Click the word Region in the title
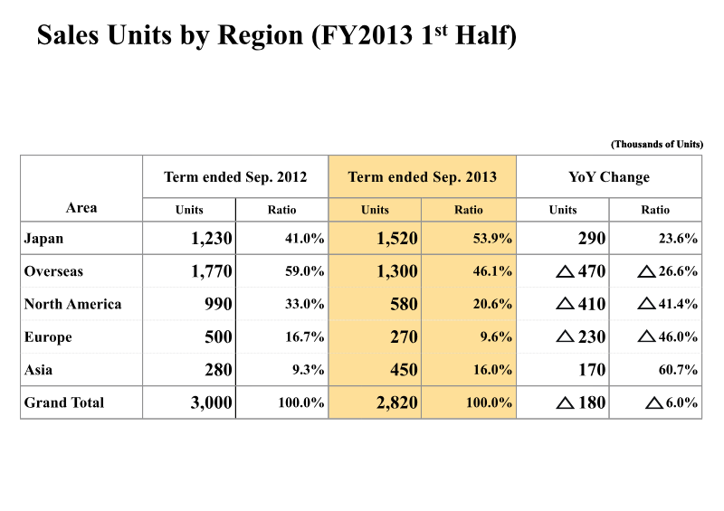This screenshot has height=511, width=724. [260, 35]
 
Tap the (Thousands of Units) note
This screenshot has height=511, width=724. [657, 144]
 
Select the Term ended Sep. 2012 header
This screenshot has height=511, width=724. [235, 176]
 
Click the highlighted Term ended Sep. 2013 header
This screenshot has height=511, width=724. [422, 176]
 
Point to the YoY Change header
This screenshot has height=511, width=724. [609, 176]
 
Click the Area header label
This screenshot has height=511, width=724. [81, 208]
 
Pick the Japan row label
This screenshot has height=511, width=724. [43, 239]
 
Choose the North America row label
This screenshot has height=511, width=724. [72, 304]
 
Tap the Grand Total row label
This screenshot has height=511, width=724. [63, 402]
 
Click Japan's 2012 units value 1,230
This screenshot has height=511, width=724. [212, 238]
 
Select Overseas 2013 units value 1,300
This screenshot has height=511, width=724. [397, 271]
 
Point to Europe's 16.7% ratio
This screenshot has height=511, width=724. [304, 337]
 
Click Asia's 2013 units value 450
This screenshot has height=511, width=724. [404, 369]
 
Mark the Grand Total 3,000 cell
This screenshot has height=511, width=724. [212, 402]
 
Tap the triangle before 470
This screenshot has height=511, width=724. [565, 271]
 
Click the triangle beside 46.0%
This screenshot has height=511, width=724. [646, 336]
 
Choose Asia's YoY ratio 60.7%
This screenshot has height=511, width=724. [678, 370]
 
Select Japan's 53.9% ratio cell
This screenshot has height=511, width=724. [492, 239]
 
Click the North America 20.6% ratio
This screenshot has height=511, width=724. [492, 304]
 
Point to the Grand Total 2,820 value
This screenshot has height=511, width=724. [397, 402]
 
